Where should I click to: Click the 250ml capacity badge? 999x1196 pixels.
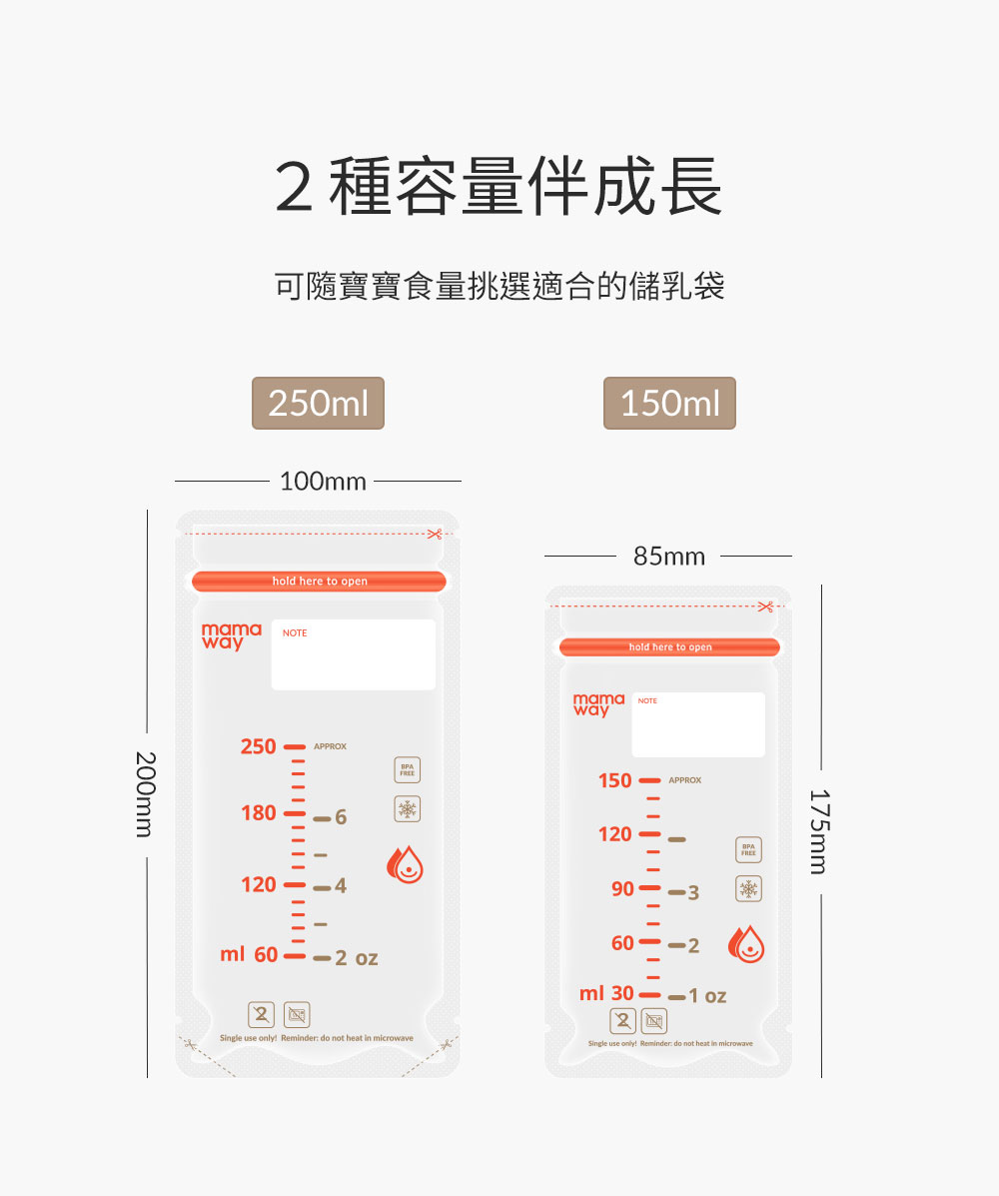tap(318, 404)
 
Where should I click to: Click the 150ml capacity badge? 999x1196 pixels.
tap(669, 404)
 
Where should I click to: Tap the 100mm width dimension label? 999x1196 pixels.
tap(323, 482)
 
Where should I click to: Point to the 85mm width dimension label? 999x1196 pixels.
tap(669, 557)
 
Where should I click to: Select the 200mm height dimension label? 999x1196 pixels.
tap(146, 794)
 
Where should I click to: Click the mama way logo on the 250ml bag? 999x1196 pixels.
tap(231, 636)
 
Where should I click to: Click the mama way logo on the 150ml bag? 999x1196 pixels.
tap(598, 704)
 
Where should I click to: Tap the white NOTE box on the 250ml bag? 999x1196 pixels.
tap(354, 655)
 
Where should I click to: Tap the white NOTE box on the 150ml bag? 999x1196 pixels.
tap(698, 725)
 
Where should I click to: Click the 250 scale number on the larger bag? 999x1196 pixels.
tap(258, 746)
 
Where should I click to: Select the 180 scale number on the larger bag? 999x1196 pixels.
tap(258, 813)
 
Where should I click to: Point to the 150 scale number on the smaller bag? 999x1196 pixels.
tap(615, 780)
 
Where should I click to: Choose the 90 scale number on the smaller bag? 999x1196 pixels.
tap(622, 889)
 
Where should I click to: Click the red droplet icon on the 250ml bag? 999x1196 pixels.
tap(407, 866)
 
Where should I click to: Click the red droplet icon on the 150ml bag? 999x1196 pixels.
tap(746, 944)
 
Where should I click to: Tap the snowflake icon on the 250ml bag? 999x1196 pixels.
tap(408, 809)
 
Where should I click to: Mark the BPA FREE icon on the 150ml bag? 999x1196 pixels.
tap(748, 850)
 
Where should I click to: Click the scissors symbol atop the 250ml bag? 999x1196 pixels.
tap(434, 535)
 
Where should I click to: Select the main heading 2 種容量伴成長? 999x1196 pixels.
tap(499, 187)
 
